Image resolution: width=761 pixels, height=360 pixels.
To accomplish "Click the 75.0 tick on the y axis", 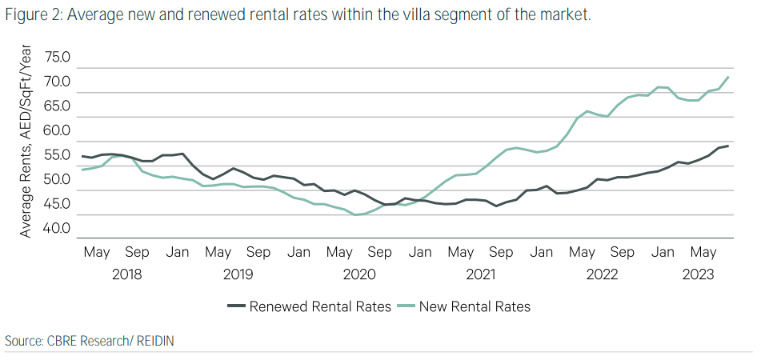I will pos(58,58).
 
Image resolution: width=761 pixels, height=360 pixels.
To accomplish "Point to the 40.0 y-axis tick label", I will pos(58,228).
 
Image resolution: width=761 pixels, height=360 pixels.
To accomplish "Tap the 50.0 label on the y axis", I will pos(58,179).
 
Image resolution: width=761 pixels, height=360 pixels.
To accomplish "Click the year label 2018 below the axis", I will pos(127,274).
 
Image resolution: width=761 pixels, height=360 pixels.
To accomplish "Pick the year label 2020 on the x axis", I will pos(358,274).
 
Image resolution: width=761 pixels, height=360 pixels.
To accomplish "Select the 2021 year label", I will pos(480,274).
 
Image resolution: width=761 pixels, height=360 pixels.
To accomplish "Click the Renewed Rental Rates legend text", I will pos(320,306).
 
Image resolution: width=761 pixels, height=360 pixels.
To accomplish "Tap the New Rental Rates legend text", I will pos(475,306).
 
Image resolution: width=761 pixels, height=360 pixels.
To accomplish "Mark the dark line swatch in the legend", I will pos(236,306).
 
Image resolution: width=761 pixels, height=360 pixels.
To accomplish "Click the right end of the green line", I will pos(727,77).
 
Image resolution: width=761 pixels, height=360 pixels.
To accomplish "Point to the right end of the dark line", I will pos(727,146).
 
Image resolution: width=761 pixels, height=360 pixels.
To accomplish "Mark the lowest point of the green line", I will pos(354,214).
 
